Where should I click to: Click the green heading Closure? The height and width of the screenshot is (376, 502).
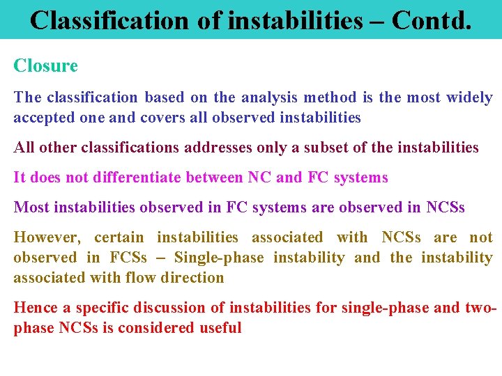pyautogui.click(x=46, y=66)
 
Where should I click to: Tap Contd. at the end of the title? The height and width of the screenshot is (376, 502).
pyautogui.click(x=432, y=20)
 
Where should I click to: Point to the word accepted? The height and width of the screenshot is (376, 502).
pyautogui.click(x=44, y=118)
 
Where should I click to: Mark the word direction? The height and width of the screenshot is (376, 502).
pyautogui.click(x=192, y=278)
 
